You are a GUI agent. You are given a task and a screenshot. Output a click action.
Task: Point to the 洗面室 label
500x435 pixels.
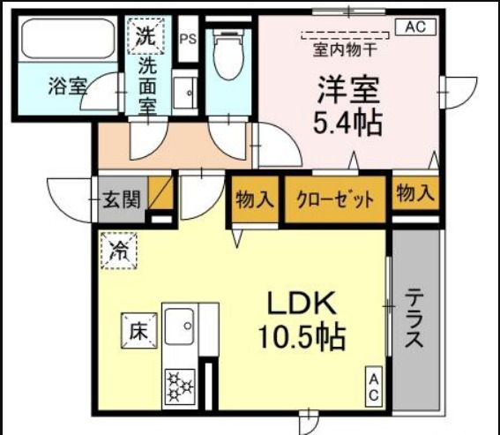click(146, 86)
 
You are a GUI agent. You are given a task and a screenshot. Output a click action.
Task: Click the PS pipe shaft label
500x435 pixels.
click(187, 39)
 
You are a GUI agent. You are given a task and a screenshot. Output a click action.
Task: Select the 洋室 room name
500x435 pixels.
click(348, 90)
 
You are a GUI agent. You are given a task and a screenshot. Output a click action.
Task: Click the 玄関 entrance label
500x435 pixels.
click(121, 199)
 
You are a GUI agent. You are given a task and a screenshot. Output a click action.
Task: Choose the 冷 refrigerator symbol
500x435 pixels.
click(119, 248)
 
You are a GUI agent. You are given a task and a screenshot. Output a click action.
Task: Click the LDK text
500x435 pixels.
click(300, 304)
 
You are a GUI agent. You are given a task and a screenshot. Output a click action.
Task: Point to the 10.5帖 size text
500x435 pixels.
click(301, 336)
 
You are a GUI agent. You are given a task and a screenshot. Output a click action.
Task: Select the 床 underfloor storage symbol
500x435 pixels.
click(138, 332)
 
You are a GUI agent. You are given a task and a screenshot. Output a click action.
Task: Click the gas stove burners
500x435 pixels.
click(179, 385)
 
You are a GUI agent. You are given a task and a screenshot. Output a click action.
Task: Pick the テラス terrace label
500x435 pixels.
click(414, 319)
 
